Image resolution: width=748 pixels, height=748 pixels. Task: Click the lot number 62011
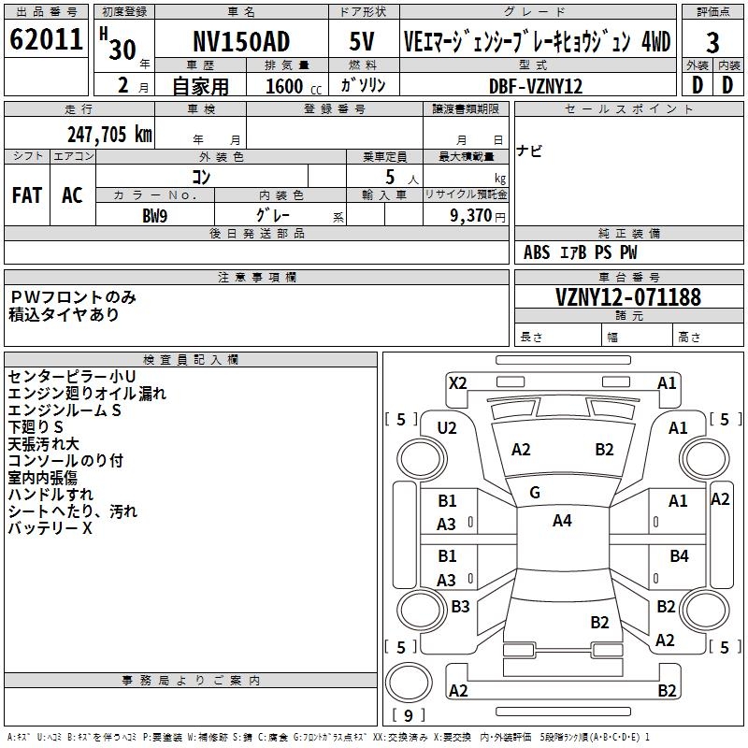44,40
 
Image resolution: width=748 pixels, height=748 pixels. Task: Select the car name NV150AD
241,41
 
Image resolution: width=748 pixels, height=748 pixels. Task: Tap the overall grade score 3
712,43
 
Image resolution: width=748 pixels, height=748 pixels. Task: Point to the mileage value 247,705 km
109,135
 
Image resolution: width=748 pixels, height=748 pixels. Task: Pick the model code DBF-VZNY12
536,86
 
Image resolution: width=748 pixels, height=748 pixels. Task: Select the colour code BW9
155,215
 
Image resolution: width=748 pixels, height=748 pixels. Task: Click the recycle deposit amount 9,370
465,215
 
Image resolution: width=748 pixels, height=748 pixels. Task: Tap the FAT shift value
27,195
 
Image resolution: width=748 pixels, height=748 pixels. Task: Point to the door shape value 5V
362,41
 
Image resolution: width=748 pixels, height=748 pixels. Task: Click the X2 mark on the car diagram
458,382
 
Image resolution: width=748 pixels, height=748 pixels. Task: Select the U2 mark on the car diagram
447,428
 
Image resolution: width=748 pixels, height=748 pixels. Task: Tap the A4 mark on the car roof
562,521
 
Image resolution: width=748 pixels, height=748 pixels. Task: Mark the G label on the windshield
535,493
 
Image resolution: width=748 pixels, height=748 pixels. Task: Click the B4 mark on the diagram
679,556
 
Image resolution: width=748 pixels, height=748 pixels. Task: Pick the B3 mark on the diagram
460,607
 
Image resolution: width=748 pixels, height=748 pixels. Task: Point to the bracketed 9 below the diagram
408,715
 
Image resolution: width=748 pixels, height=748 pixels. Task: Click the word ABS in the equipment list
537,252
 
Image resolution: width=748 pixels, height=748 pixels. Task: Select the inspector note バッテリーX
50,528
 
